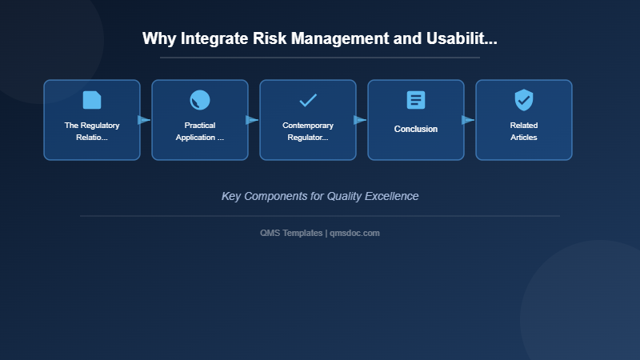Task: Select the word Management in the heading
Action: tap(329, 38)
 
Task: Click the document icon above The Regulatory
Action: tap(92, 100)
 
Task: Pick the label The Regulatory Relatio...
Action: tap(92, 131)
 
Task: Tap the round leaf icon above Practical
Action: tap(200, 100)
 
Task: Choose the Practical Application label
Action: tap(200, 131)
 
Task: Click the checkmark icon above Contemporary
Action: tap(308, 100)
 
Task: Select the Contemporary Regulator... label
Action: tap(308, 131)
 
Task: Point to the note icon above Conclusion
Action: tap(416, 100)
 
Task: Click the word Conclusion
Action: tap(416, 129)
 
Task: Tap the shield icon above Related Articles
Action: tap(524, 100)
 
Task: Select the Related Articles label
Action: tap(524, 131)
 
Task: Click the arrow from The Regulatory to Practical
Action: tap(144, 120)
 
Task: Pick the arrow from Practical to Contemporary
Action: tap(252, 120)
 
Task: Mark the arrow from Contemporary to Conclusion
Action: tap(360, 120)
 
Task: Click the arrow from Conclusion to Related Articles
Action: tap(468, 120)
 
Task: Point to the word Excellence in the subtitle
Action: tap(390, 196)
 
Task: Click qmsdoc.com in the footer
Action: tap(355, 233)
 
